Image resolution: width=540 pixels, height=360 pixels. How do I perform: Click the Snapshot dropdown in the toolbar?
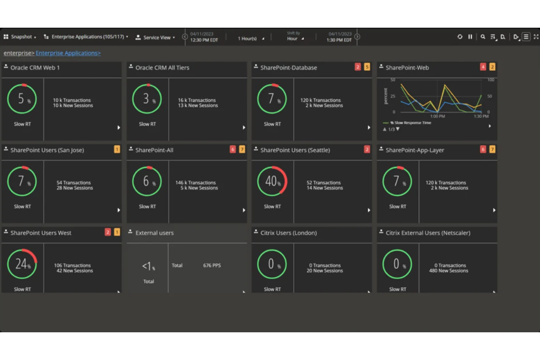[x=20, y=37]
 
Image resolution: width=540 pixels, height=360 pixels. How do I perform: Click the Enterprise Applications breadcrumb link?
[x=68, y=53]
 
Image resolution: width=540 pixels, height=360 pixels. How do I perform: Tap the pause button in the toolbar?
[x=470, y=37]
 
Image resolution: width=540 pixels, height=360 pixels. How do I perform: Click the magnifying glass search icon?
[x=483, y=37]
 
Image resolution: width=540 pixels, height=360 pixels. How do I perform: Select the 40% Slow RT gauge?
[x=272, y=181]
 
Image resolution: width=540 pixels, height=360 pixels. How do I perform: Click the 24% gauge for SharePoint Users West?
[x=22, y=264]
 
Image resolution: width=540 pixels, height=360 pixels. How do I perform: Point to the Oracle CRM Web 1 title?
[x=35, y=68]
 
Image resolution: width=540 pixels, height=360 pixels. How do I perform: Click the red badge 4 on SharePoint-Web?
[x=483, y=67]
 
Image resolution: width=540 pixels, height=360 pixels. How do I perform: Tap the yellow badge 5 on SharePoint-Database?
[x=367, y=67]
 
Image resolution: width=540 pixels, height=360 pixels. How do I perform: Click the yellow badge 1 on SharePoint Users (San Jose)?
[x=117, y=149]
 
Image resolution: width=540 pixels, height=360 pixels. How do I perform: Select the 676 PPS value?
[x=212, y=266]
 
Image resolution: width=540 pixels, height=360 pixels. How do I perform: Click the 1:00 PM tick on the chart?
[x=437, y=116]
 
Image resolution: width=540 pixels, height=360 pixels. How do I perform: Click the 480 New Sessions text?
[x=448, y=271]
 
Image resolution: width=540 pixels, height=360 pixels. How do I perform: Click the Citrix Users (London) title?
[x=288, y=233]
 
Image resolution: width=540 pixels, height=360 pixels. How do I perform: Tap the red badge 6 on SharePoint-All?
[x=232, y=149]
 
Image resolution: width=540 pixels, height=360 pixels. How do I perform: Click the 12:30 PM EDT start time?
[x=204, y=40]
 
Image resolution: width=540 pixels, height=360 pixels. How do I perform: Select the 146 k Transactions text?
[x=196, y=183]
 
